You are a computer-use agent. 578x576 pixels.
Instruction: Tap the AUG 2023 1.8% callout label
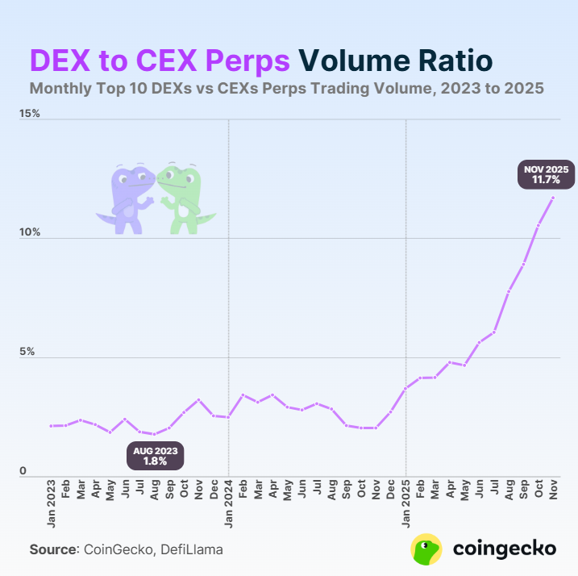coord(155,456)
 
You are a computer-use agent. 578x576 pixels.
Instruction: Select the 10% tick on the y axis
coord(31,232)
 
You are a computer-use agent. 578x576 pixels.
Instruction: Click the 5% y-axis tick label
coord(28,352)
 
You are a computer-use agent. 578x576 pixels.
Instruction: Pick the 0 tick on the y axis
coord(23,471)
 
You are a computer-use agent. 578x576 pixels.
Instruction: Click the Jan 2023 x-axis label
coord(52,505)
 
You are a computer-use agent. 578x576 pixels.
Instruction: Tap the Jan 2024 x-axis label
coord(229,505)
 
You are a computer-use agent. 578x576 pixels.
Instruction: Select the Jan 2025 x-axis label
coord(406,505)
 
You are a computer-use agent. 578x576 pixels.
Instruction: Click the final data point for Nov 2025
coord(553,198)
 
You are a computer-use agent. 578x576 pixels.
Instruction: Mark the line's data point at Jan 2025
coord(406,388)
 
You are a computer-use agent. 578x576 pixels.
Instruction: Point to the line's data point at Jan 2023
coord(52,425)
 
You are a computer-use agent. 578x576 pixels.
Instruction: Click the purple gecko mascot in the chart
coord(125,198)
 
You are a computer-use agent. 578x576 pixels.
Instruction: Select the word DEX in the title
coord(60,61)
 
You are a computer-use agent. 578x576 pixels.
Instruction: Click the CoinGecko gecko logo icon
coord(426,549)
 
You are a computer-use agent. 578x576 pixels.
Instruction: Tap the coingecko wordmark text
coord(505,549)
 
